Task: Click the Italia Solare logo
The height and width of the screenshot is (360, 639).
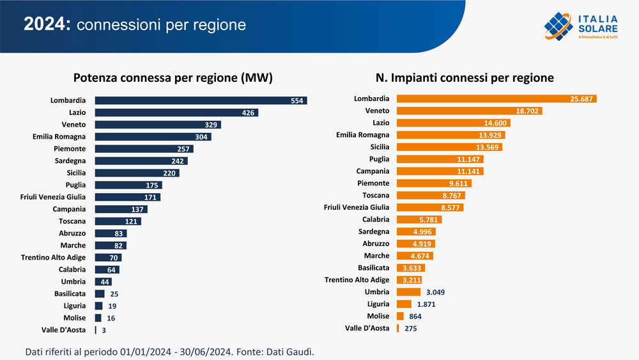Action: tap(581, 26)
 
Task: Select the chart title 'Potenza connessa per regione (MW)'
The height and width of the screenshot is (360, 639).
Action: tap(173, 78)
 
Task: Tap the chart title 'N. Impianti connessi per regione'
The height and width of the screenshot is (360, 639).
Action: tap(465, 78)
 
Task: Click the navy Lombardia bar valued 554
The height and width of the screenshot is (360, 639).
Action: tap(201, 100)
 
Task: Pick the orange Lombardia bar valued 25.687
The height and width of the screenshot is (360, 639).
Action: tap(497, 98)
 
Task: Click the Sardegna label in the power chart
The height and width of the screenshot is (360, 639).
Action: tap(70, 161)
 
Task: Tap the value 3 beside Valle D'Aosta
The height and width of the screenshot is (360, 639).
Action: tap(104, 330)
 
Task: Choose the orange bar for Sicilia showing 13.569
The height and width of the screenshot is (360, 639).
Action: tap(450, 147)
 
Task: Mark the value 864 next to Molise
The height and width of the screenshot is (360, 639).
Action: tap(415, 316)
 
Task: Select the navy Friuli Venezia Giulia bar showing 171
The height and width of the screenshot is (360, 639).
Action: tap(127, 197)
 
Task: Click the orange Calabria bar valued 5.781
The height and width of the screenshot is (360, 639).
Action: tap(419, 219)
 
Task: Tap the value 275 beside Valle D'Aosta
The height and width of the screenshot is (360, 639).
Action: tap(412, 328)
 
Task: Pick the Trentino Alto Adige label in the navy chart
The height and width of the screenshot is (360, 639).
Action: tap(53, 258)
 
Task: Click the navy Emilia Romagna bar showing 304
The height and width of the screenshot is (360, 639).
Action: tap(153, 137)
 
